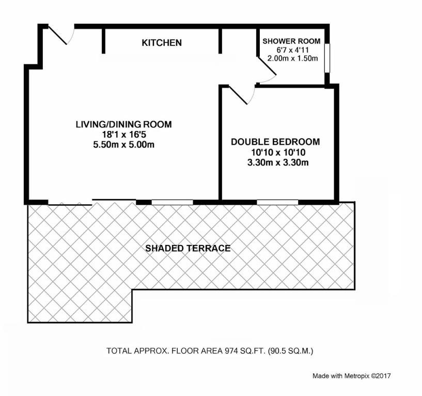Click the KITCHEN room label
(162, 43)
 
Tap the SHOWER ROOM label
(291, 41)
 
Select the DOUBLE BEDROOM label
(275, 142)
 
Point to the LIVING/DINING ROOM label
(123, 124)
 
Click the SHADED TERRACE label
(188, 248)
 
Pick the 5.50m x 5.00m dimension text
(124, 145)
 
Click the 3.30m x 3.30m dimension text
(278, 162)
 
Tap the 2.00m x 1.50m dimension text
(292, 58)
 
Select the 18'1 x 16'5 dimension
(124, 135)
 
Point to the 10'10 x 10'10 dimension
(278, 153)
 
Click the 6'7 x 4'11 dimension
(292, 50)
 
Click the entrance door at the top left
(61, 35)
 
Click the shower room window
(327, 58)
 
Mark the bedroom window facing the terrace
(277, 202)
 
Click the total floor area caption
(210, 351)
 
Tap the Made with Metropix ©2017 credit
(351, 376)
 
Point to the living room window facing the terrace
(172, 202)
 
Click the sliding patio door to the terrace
(92, 202)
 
